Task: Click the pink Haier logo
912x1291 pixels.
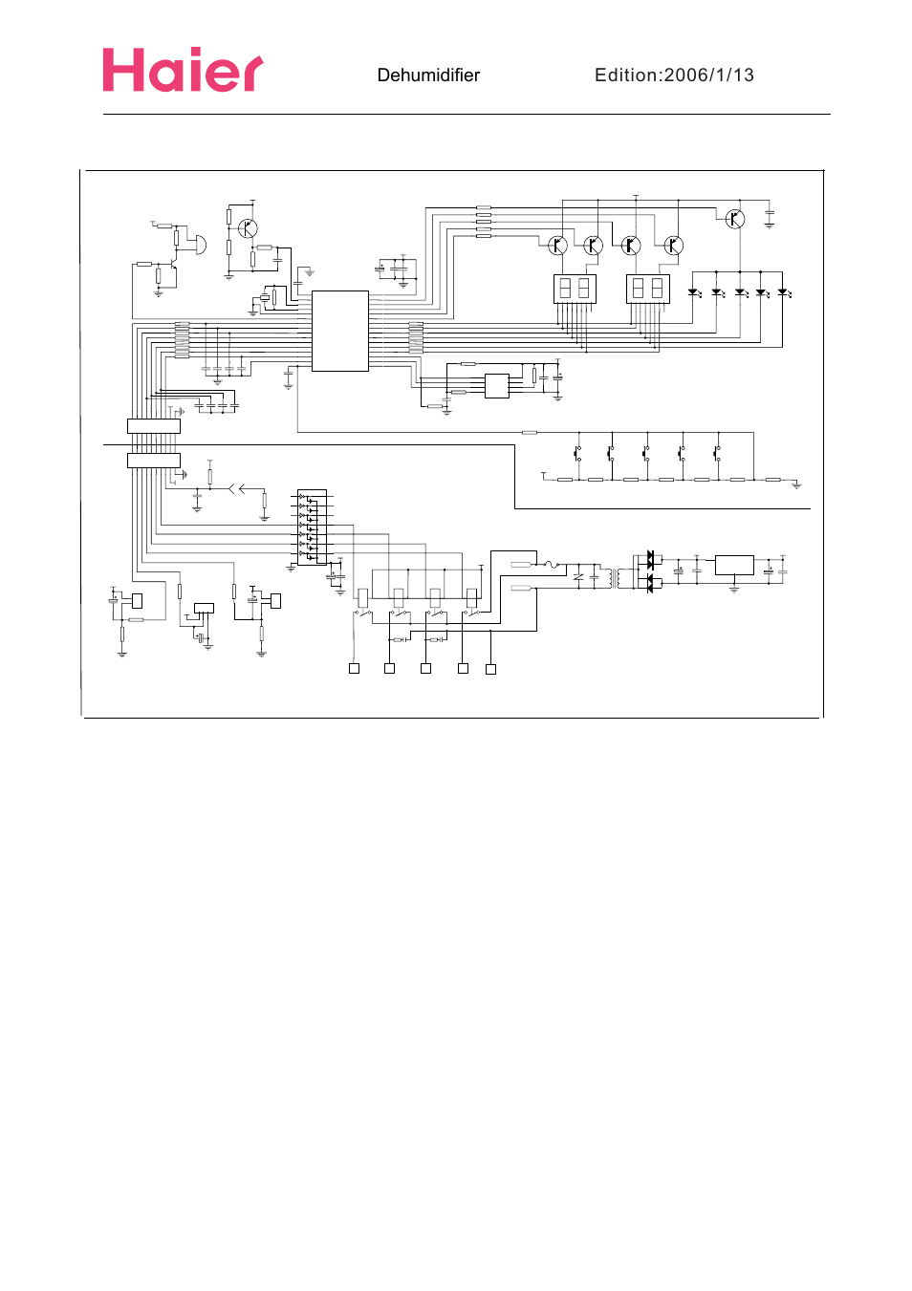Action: click(183, 71)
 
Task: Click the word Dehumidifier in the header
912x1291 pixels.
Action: click(428, 75)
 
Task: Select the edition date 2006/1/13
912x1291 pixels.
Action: click(708, 75)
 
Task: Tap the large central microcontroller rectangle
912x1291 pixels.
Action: click(339, 331)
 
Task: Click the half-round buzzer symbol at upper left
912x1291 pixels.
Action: click(199, 245)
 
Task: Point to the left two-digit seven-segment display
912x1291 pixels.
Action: click(575, 288)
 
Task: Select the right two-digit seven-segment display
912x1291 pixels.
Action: click(647, 288)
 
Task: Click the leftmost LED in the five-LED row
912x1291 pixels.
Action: click(693, 292)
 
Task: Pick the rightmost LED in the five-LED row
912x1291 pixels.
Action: click(782, 292)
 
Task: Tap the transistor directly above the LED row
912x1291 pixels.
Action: click(734, 219)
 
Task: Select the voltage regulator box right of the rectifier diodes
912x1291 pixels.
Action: click(734, 565)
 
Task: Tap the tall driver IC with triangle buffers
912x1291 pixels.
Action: click(312, 527)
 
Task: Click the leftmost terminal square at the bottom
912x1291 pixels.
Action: click(354, 669)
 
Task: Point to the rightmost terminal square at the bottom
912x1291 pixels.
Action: click(490, 669)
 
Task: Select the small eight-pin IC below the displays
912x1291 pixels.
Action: click(496, 386)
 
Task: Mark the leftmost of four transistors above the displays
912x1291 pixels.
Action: click(557, 246)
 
